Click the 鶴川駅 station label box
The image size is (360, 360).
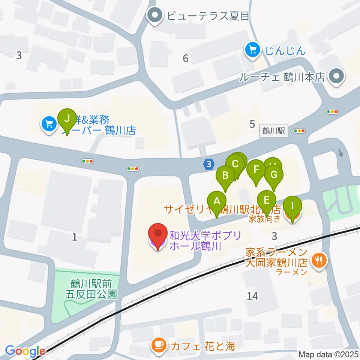click(274, 131)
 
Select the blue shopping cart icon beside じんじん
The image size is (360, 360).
click(253, 50)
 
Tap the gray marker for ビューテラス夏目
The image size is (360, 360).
click(154, 16)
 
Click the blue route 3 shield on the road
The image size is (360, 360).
click(208, 164)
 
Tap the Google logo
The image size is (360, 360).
click(25, 351)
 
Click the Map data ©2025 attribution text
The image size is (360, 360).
click(328, 354)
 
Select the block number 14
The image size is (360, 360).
click(252, 296)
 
